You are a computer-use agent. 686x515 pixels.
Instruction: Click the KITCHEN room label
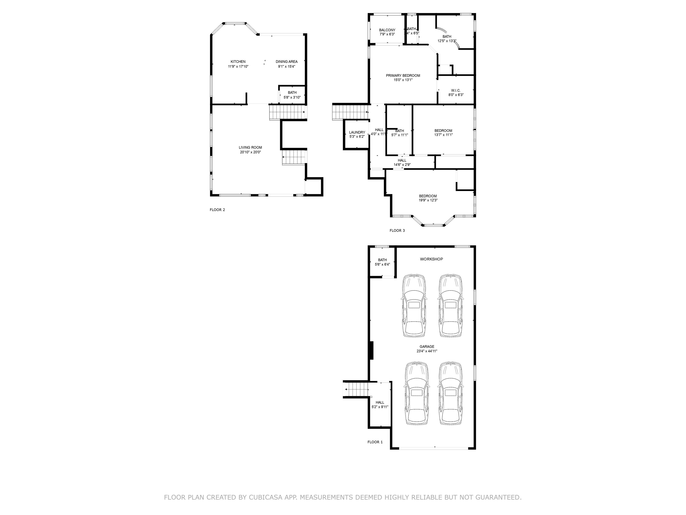click(x=238, y=62)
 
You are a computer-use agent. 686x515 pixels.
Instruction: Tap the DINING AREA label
click(x=286, y=62)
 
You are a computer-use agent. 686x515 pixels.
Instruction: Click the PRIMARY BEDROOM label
click(x=403, y=75)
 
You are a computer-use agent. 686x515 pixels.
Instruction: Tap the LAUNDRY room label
click(x=357, y=133)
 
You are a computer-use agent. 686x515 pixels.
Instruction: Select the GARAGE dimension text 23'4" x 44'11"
click(x=427, y=351)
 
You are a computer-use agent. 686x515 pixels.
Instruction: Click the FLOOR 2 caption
click(x=217, y=210)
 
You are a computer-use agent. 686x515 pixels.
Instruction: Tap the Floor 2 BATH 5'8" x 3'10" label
click(x=292, y=93)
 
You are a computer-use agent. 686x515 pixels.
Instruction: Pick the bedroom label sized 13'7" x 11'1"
click(x=443, y=131)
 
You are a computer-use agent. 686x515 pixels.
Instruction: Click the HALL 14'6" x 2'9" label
click(x=402, y=160)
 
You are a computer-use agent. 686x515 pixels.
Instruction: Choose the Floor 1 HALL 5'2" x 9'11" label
click(x=380, y=402)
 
